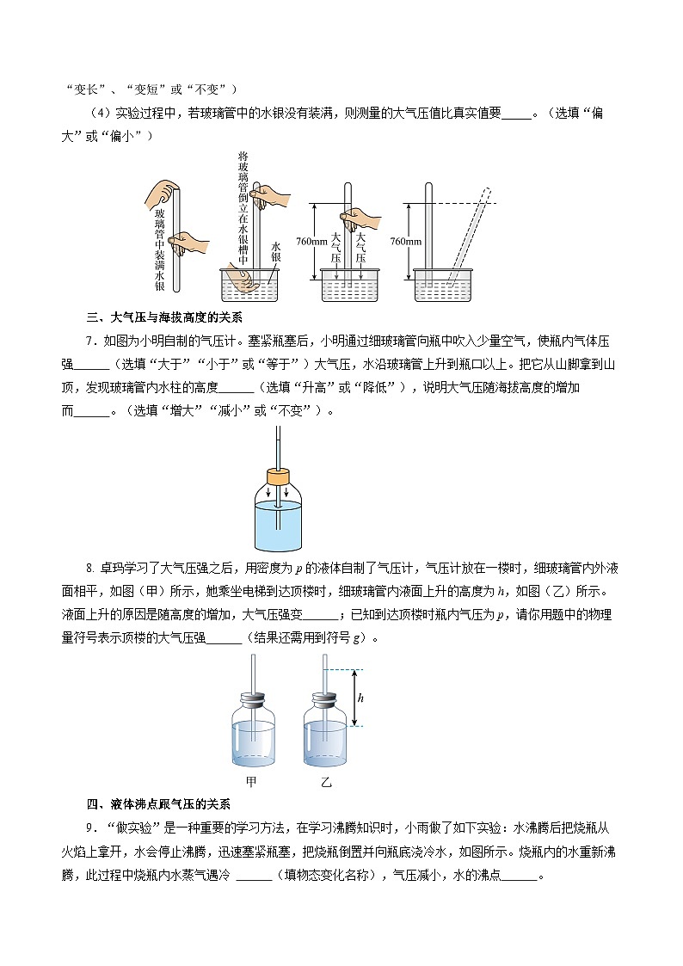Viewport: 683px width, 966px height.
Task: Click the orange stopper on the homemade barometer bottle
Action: [x=278, y=477]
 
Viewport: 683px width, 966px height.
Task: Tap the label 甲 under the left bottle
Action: [x=250, y=781]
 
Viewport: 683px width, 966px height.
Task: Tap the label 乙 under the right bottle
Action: [x=326, y=782]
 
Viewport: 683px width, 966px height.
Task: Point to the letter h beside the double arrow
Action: [x=361, y=698]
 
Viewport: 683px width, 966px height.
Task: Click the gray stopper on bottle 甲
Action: [x=253, y=700]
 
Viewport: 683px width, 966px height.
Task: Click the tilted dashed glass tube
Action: [x=470, y=237]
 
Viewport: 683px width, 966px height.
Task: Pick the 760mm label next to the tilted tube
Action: [x=406, y=241]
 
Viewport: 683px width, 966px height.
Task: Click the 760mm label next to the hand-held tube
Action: [x=311, y=241]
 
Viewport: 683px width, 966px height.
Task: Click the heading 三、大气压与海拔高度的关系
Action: [x=164, y=318]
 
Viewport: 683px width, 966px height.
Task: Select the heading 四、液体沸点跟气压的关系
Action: [x=159, y=804]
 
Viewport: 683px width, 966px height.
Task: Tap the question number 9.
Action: [x=90, y=828]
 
